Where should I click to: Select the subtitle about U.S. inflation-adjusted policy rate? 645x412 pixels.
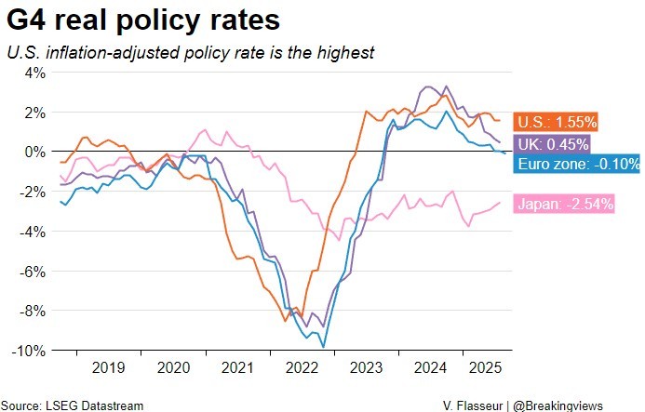click(x=190, y=53)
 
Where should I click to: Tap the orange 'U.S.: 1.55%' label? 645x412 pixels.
click(x=556, y=122)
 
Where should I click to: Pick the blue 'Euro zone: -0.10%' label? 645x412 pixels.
click(x=577, y=164)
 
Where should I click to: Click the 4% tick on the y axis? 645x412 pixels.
click(x=34, y=73)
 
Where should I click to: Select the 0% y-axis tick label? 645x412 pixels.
click(x=34, y=152)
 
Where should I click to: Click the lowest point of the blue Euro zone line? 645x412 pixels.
click(x=323, y=347)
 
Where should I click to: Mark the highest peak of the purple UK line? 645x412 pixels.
click(x=427, y=87)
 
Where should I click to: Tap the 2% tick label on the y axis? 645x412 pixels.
click(x=34, y=113)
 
